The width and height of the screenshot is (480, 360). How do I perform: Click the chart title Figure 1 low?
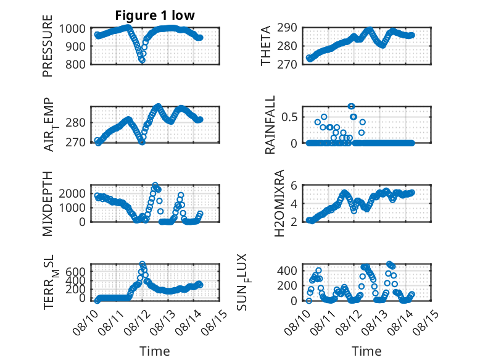155,15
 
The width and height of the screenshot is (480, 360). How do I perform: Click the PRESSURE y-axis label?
48,46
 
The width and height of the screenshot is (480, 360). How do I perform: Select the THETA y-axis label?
266,46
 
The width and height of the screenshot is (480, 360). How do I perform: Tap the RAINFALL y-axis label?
270,125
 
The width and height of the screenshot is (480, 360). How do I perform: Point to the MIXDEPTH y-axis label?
48,203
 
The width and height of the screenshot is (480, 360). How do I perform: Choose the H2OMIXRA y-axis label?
279,203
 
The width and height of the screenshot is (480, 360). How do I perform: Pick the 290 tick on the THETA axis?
287,28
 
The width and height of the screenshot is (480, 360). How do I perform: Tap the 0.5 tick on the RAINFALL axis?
289,117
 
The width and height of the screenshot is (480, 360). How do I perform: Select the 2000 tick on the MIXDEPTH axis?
72,194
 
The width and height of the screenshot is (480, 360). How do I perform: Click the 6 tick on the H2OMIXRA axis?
294,185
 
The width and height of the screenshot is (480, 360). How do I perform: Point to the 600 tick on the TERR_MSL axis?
75,272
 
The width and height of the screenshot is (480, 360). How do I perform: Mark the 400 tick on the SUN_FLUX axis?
287,270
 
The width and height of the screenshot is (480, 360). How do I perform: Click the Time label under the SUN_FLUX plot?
366,351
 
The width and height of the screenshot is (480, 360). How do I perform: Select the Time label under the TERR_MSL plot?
155,351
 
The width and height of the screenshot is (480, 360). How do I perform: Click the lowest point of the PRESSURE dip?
142,61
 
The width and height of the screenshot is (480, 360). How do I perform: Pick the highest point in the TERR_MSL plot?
142,264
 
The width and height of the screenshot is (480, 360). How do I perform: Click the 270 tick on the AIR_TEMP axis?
75,143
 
